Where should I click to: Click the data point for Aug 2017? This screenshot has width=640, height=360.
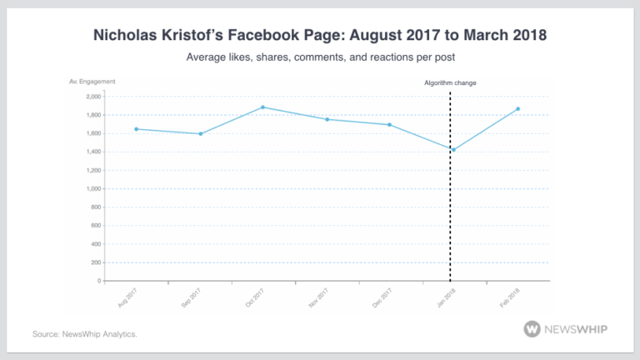(x=137, y=129)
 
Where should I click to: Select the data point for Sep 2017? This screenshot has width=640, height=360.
(x=201, y=133)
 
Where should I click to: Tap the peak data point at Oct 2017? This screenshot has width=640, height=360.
(x=262, y=107)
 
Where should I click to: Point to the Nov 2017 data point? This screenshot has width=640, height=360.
(x=327, y=119)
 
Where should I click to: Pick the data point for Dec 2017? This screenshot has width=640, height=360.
(x=389, y=125)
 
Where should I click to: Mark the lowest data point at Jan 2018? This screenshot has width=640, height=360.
(x=452, y=150)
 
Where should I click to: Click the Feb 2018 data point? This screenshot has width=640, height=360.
(x=517, y=109)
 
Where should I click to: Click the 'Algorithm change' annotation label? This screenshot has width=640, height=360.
(x=450, y=82)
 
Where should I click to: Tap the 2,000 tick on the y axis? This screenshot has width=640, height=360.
(x=92, y=97)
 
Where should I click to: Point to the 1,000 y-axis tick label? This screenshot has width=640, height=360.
(x=92, y=189)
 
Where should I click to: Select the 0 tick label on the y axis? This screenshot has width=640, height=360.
(x=97, y=281)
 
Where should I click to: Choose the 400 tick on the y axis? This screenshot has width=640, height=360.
(x=94, y=244)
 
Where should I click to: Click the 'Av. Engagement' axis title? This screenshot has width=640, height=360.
(x=92, y=82)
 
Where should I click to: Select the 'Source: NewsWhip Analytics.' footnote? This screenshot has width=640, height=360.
(x=84, y=334)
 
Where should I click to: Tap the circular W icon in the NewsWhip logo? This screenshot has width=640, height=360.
(x=532, y=329)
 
